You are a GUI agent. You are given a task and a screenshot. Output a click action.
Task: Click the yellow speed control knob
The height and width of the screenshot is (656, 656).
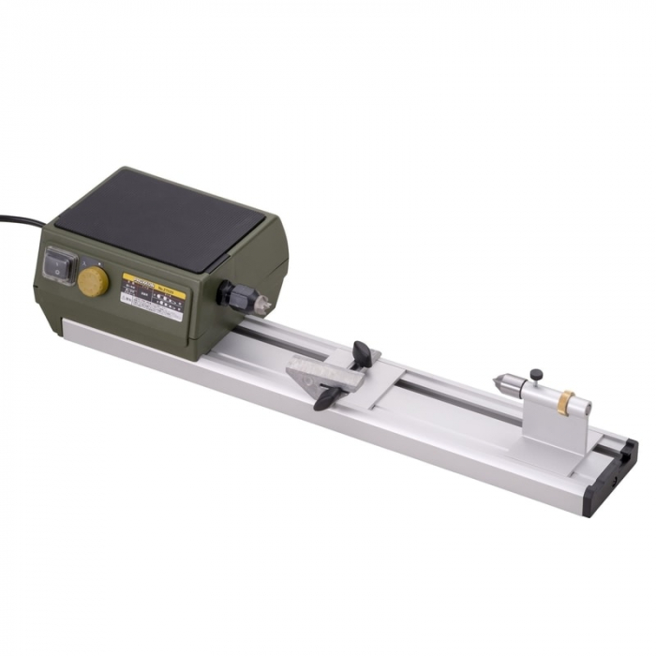click(93, 281)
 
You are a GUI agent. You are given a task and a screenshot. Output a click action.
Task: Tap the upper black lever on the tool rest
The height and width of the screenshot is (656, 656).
click(362, 353)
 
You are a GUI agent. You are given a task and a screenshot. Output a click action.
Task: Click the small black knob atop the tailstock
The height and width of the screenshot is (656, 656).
click(536, 375)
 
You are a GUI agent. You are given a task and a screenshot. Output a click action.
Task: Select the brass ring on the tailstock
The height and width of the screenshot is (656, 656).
click(565, 403)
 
